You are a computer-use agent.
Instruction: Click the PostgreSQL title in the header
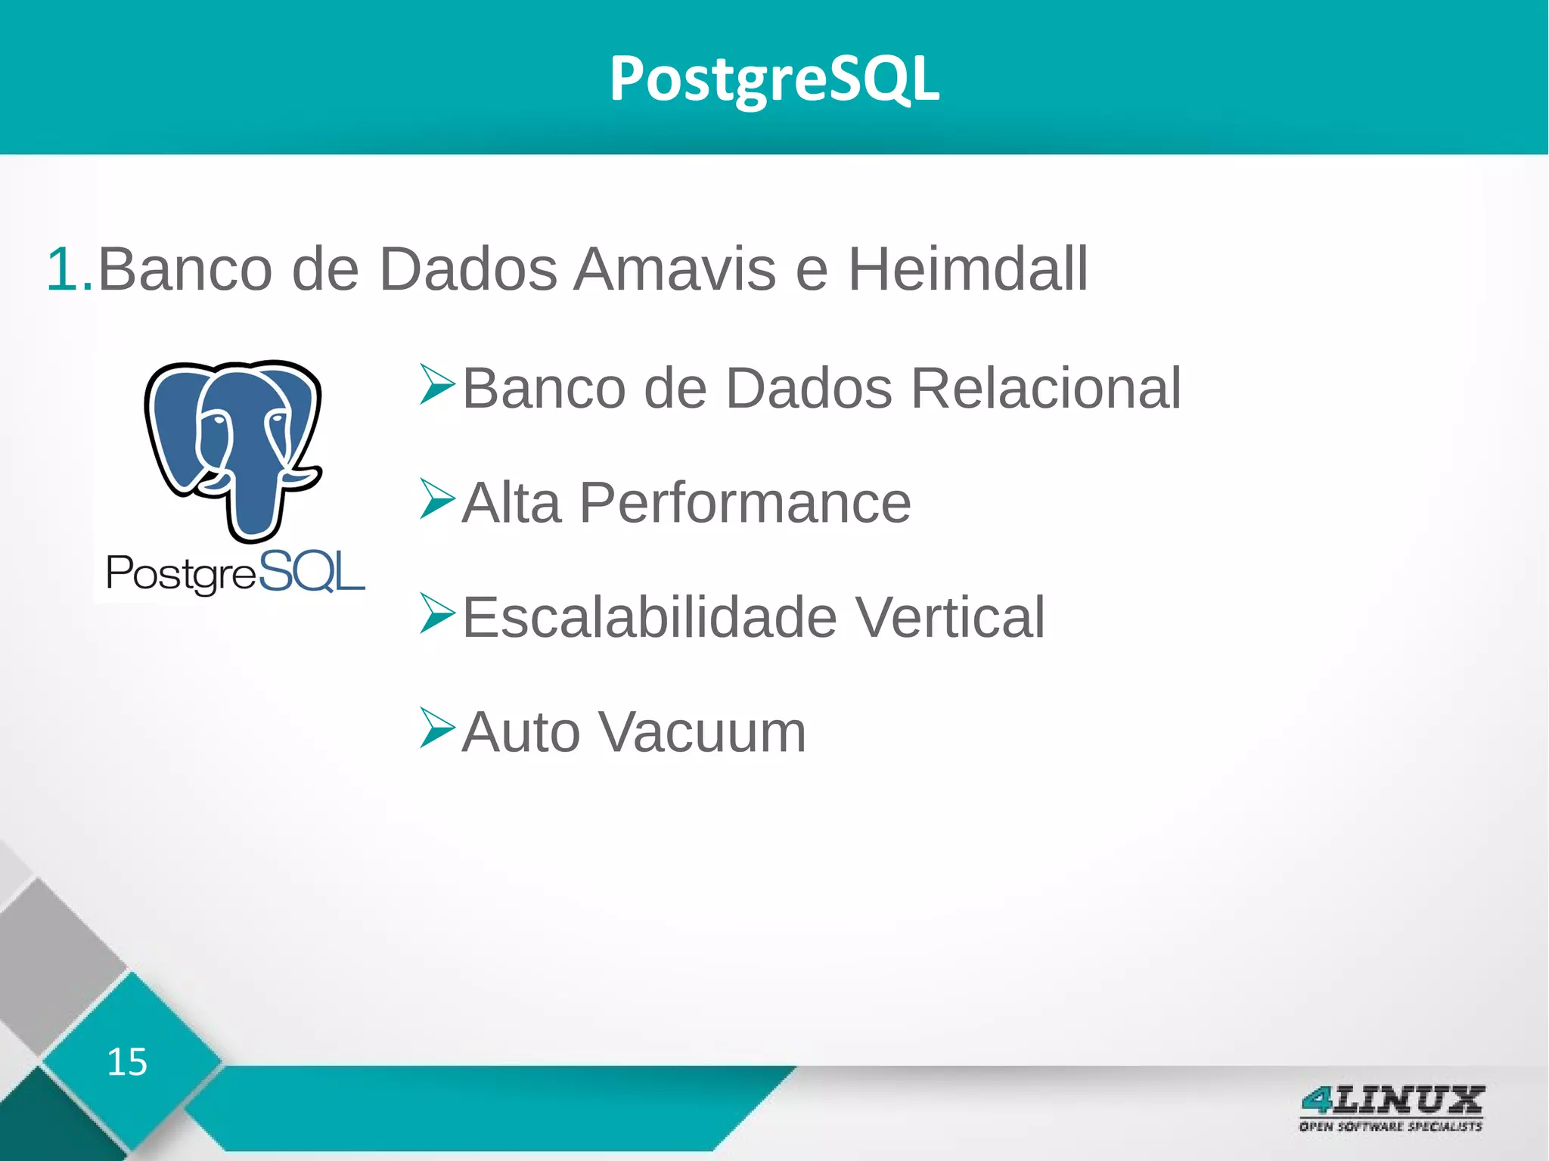click(774, 79)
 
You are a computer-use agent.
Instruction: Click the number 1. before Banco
click(69, 269)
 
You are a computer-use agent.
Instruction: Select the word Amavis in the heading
click(674, 269)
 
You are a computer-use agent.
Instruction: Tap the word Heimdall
click(967, 269)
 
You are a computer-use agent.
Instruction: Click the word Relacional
click(1045, 388)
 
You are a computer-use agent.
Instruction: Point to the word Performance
click(745, 503)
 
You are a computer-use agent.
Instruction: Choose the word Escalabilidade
click(649, 617)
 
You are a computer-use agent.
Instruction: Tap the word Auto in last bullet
click(521, 732)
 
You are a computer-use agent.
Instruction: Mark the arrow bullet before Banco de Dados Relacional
click(437, 384)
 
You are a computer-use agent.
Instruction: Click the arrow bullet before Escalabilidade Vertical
click(437, 613)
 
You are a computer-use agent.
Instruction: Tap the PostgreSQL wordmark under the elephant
click(235, 573)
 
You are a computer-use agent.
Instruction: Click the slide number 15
click(126, 1062)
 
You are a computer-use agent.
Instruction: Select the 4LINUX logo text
click(1392, 1100)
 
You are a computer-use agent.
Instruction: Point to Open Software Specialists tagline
click(1390, 1126)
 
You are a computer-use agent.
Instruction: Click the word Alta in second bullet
click(511, 503)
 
